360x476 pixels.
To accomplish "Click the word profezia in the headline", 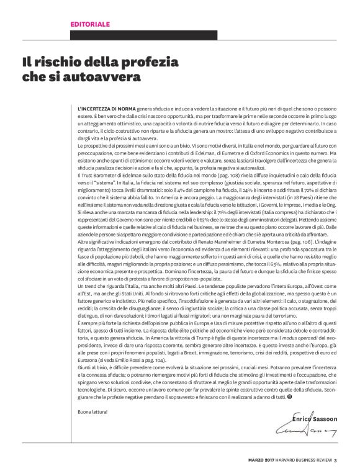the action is point(150,62).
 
